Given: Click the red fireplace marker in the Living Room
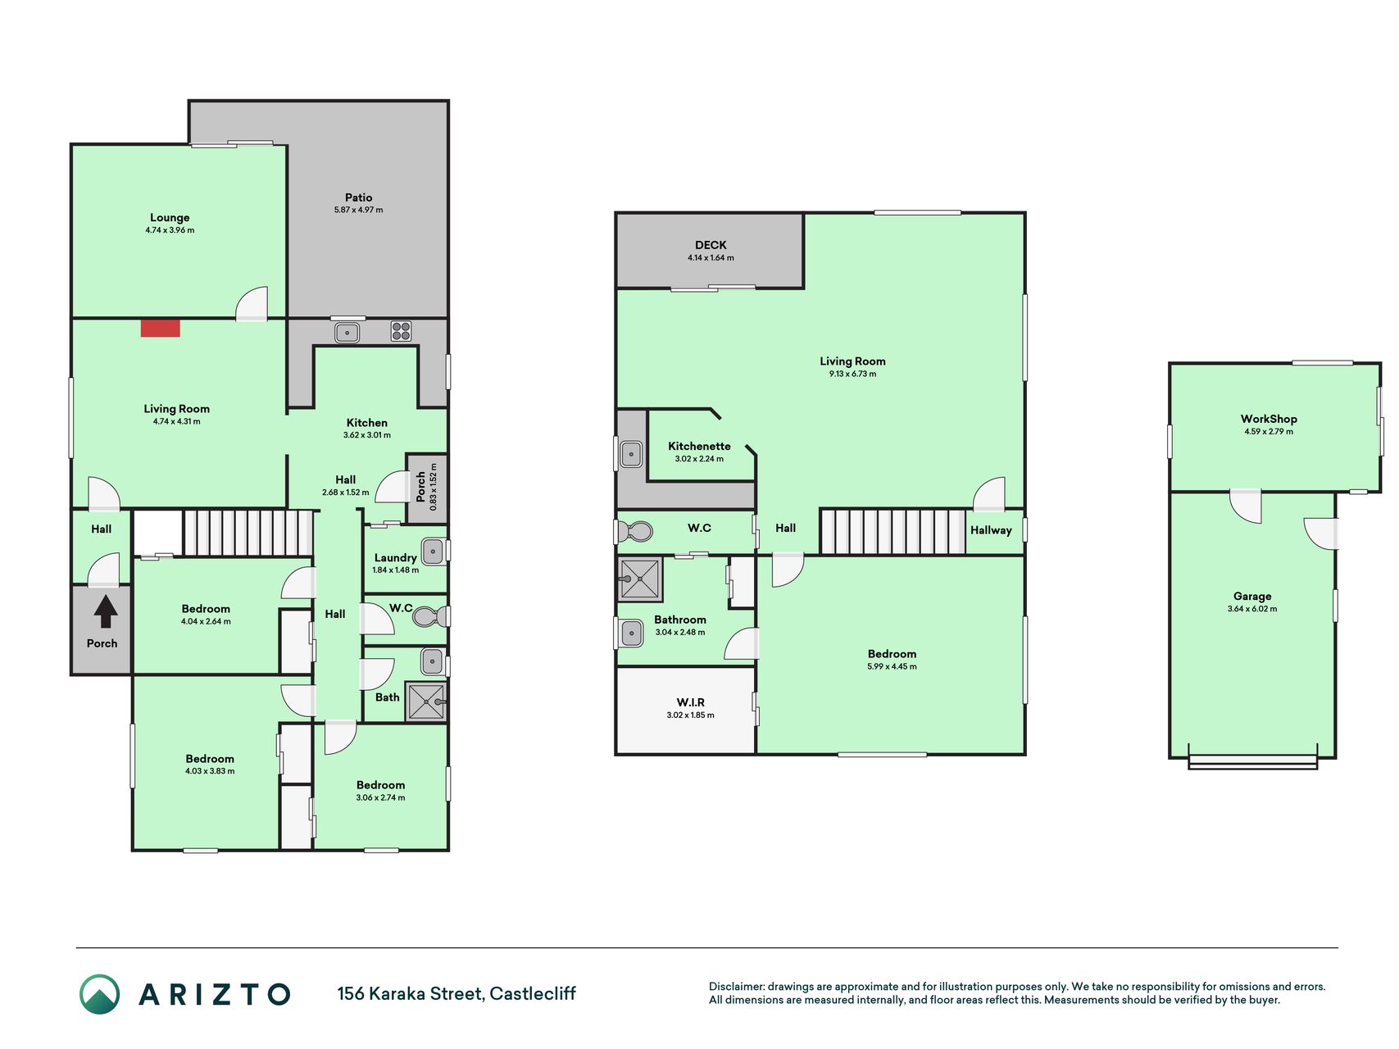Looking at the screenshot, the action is (x=160, y=328).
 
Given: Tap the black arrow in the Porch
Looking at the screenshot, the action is (x=106, y=611).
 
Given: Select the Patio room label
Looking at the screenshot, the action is (x=358, y=198).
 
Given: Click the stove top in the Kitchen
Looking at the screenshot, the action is (x=401, y=331).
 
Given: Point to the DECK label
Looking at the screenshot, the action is (x=711, y=245).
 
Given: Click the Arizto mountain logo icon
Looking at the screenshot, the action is (x=99, y=994).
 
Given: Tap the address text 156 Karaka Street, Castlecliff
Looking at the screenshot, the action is (x=456, y=994).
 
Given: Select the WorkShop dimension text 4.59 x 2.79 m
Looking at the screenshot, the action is (x=1269, y=431).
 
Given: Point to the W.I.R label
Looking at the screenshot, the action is (x=690, y=702).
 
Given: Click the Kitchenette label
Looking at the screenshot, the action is (x=699, y=446).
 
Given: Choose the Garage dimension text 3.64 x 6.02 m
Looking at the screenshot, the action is (x=1252, y=609).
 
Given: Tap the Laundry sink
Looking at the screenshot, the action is (x=433, y=552).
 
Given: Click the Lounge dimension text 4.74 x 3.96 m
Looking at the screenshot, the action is (x=170, y=230).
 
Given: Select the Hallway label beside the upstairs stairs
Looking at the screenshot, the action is (x=991, y=530).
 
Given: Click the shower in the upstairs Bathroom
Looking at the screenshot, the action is (x=639, y=579).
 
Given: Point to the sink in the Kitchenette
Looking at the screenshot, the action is (x=631, y=453).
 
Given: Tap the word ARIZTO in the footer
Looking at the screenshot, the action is (x=215, y=994).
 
